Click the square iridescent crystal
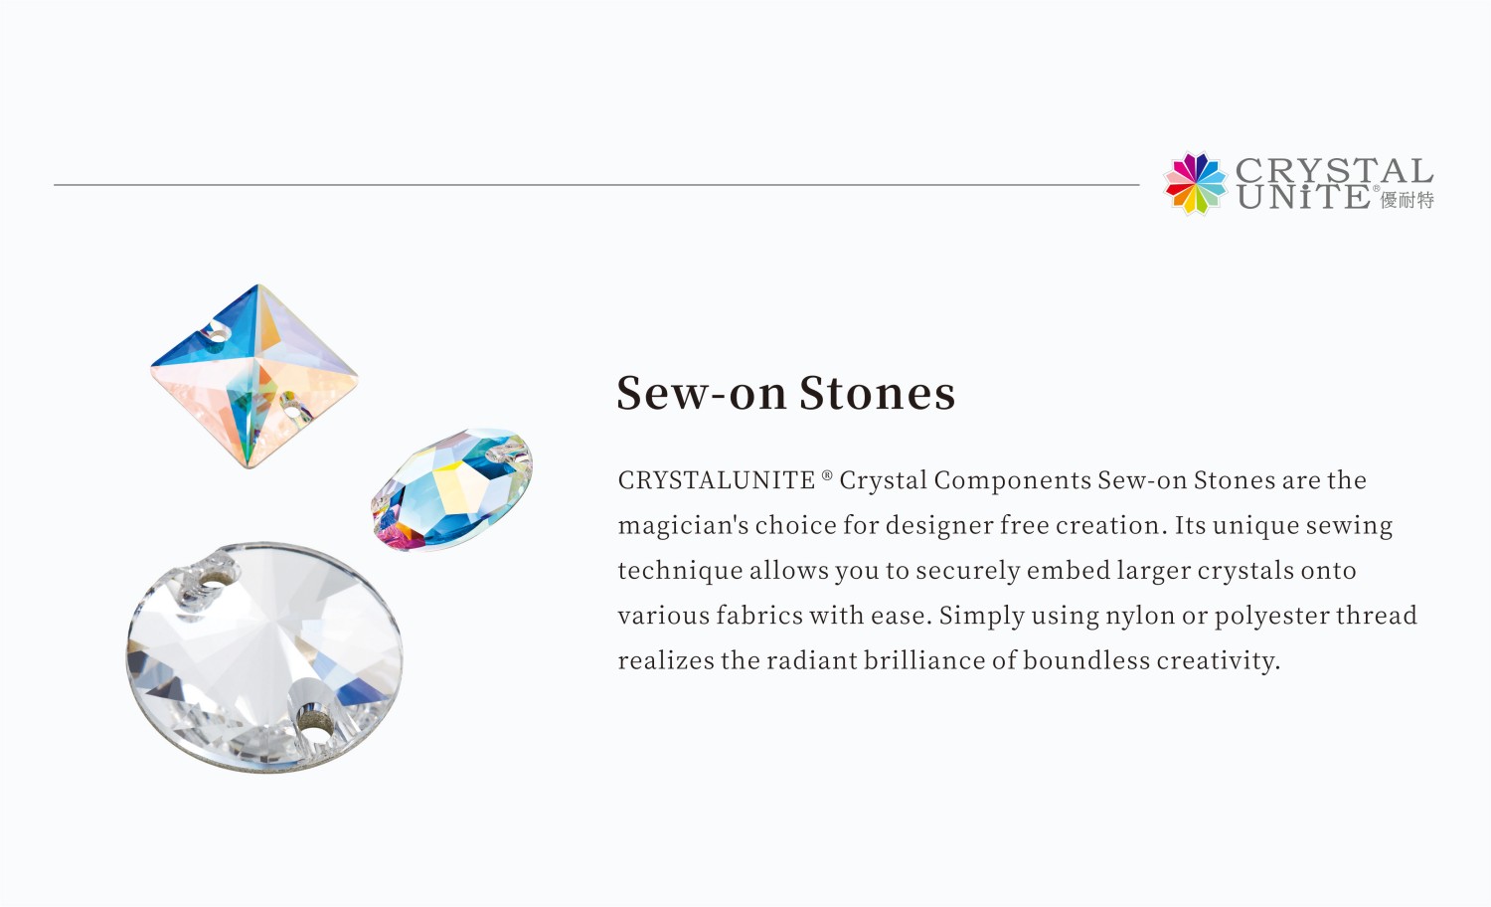click(254, 376)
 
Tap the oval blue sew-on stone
click(452, 489)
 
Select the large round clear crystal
click(264, 657)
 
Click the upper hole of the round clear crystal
click(214, 586)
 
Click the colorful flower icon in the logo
click(1196, 184)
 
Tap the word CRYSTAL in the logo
click(1335, 170)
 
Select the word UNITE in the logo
click(1304, 197)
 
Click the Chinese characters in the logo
click(1408, 200)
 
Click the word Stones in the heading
click(878, 393)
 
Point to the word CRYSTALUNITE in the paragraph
click(717, 480)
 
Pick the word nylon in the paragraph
click(1140, 616)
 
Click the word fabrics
click(759, 616)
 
